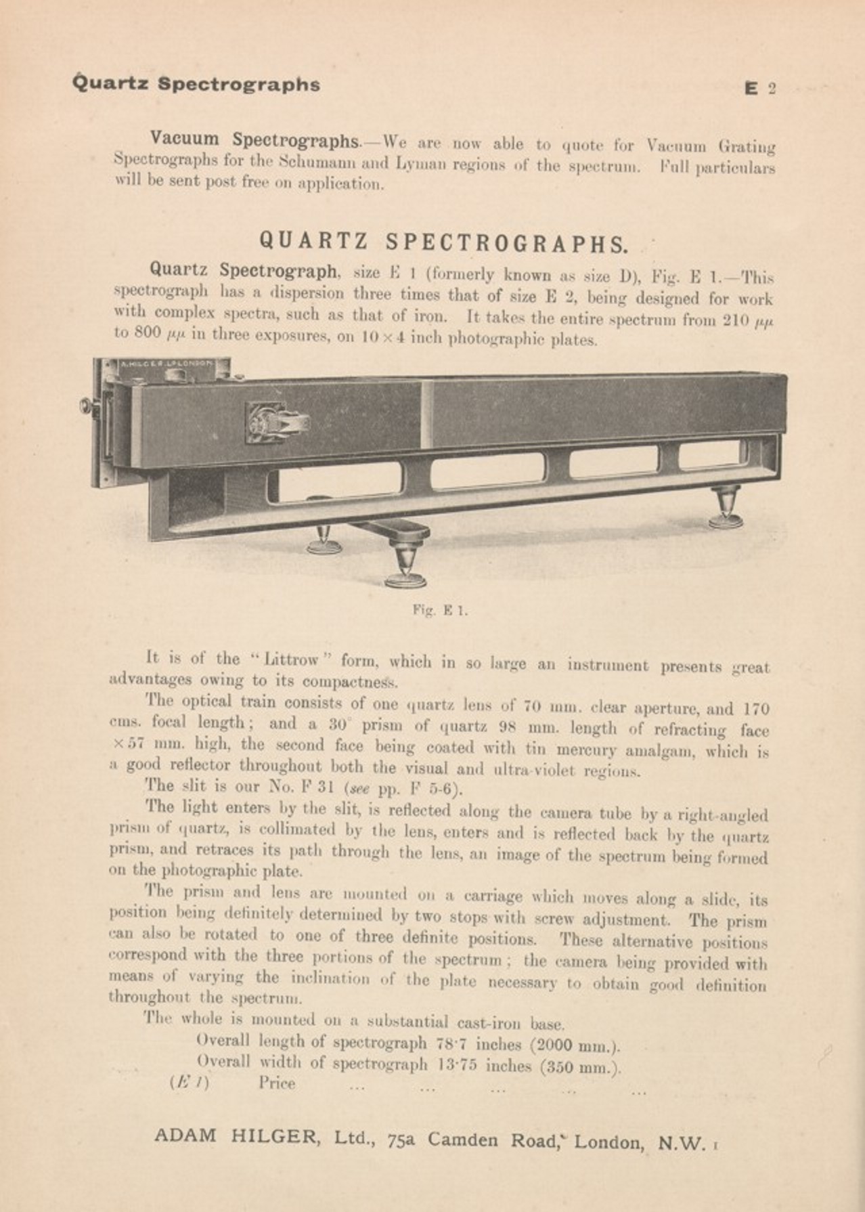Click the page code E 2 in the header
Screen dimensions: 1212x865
point(759,89)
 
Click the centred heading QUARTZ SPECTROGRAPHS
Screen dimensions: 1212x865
point(443,242)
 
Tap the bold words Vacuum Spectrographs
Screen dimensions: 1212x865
point(254,140)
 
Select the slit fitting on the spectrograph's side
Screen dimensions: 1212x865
point(275,423)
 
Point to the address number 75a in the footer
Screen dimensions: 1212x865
point(402,1140)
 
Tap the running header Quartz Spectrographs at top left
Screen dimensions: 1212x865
point(196,85)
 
